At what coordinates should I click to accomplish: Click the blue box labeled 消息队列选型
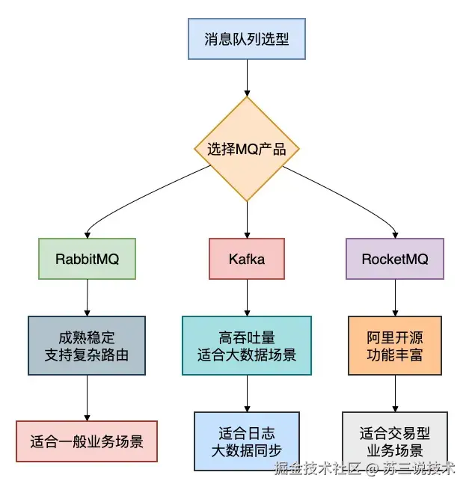[x=246, y=39]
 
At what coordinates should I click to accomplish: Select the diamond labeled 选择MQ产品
[x=246, y=149]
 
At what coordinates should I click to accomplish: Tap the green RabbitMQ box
[x=87, y=259]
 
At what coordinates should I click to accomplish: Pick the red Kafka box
[x=246, y=259]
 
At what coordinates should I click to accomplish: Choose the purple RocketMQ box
[x=394, y=259]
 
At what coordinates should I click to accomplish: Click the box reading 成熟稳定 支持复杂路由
[x=87, y=346]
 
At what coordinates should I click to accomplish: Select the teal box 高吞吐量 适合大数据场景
[x=246, y=346]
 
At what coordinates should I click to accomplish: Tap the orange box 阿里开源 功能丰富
[x=394, y=346]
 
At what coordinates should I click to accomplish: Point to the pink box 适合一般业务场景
[x=87, y=441]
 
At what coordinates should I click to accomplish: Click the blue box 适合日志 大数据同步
[x=246, y=441]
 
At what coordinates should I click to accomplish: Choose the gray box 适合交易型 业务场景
[x=394, y=441]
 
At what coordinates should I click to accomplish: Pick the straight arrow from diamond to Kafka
[x=246, y=220]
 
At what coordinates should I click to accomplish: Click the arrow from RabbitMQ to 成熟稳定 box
[x=87, y=297]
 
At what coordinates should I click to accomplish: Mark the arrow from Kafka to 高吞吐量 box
[x=246, y=297]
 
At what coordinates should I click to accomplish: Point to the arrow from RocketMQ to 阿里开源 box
[x=394, y=297]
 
